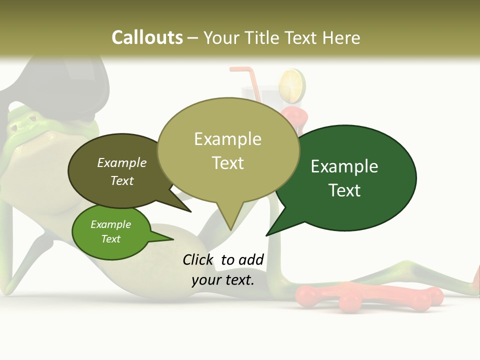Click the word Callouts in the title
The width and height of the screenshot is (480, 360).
tap(147, 37)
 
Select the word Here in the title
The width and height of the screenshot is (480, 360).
tap(341, 37)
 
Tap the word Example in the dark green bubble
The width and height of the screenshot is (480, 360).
tap(344, 166)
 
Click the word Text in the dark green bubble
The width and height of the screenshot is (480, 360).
tap(344, 190)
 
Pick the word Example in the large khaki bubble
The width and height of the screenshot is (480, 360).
tap(227, 139)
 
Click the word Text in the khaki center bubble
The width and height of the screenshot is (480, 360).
tap(227, 163)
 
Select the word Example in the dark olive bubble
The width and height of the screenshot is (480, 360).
tap(122, 162)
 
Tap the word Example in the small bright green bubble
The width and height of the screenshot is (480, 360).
tap(110, 224)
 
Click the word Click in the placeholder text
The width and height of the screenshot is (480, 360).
tap(198, 259)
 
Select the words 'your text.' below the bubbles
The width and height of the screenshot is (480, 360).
tap(223, 280)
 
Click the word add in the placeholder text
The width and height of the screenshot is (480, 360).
tap(251, 259)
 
